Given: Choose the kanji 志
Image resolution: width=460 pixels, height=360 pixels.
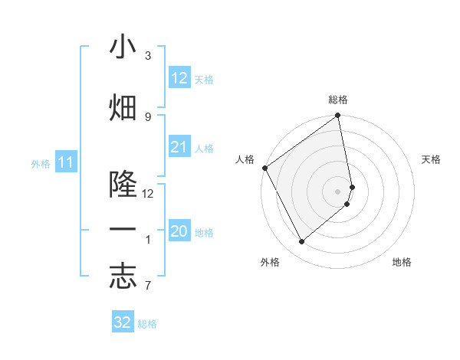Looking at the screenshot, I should pyautogui.click(x=123, y=277).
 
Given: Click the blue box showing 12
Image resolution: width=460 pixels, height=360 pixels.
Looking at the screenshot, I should pyautogui.click(x=179, y=78).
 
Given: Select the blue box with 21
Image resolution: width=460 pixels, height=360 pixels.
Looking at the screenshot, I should pyautogui.click(x=179, y=147).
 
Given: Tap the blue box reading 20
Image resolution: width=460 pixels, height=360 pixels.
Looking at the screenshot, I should pyautogui.click(x=179, y=231).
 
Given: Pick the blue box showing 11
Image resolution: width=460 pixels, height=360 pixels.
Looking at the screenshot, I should pyautogui.click(x=66, y=162).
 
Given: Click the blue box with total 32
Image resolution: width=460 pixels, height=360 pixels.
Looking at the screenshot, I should pyautogui.click(x=123, y=322).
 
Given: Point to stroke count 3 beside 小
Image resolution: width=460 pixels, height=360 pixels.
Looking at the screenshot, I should pyautogui.click(x=148, y=56).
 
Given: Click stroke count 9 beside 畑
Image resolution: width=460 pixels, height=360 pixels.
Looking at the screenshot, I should pyautogui.click(x=148, y=116).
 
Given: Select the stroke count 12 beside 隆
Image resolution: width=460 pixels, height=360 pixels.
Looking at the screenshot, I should pyautogui.click(x=148, y=193).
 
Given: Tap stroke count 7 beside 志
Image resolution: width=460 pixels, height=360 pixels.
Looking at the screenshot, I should pyautogui.click(x=148, y=286).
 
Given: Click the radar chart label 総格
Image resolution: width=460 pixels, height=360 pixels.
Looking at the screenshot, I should pyautogui.click(x=338, y=100).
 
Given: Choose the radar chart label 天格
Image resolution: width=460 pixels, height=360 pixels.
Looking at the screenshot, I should pyautogui.click(x=431, y=159).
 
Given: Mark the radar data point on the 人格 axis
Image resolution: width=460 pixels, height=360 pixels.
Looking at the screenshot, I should pyautogui.click(x=264, y=168).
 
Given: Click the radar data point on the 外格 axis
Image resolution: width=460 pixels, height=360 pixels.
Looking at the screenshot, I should pyautogui.click(x=302, y=242).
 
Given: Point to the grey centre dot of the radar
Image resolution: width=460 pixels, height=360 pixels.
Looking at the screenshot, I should pyautogui.click(x=338, y=191).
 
